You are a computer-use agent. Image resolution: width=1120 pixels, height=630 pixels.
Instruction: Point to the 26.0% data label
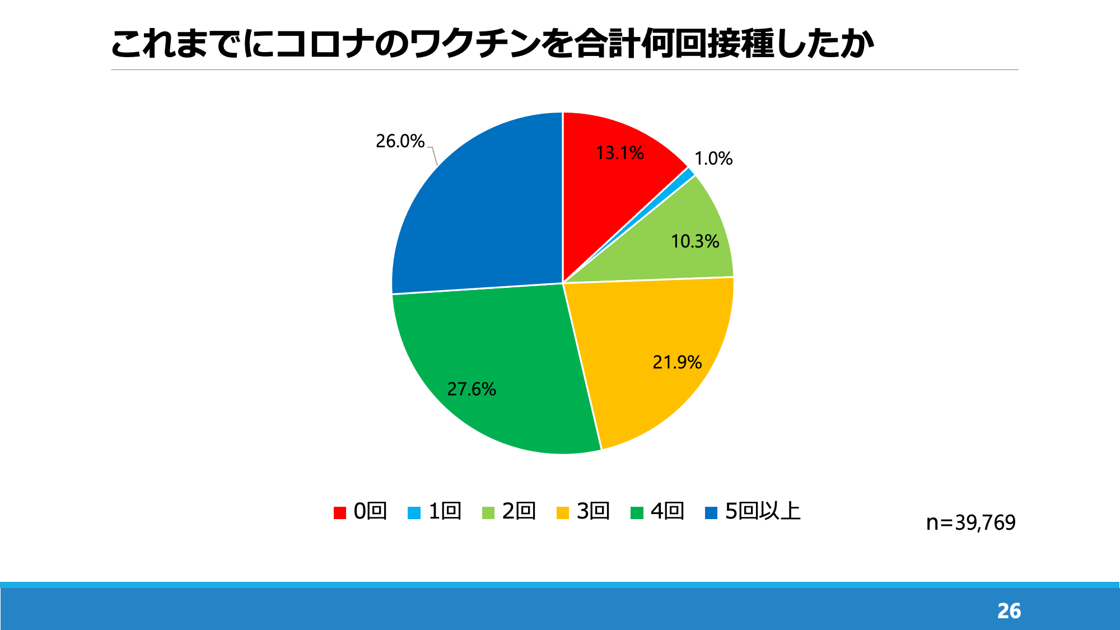click(400, 141)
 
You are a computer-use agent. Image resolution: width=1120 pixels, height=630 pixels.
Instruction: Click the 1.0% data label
click(713, 158)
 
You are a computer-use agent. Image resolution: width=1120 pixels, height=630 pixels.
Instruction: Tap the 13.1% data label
click(619, 153)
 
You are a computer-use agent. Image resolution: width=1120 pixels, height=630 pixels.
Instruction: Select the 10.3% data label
click(695, 241)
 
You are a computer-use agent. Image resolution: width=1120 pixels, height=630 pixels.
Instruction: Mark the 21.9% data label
click(677, 362)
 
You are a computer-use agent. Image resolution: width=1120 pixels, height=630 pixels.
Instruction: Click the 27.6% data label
click(472, 389)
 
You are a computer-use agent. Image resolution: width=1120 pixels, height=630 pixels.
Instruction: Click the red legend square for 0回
click(340, 512)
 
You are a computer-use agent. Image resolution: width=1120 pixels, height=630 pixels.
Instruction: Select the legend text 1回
click(445, 511)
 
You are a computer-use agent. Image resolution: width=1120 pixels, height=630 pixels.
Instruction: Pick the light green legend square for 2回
click(488, 512)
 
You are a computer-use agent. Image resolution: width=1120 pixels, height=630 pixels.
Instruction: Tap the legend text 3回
click(593, 511)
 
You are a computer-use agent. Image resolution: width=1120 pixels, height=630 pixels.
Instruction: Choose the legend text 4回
click(668, 511)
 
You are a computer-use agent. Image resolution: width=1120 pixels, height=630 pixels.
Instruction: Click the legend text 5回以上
click(763, 511)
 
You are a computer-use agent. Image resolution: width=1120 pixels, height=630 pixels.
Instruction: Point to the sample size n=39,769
click(970, 522)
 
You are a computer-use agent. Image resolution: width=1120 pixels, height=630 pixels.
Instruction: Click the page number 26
click(1009, 611)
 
